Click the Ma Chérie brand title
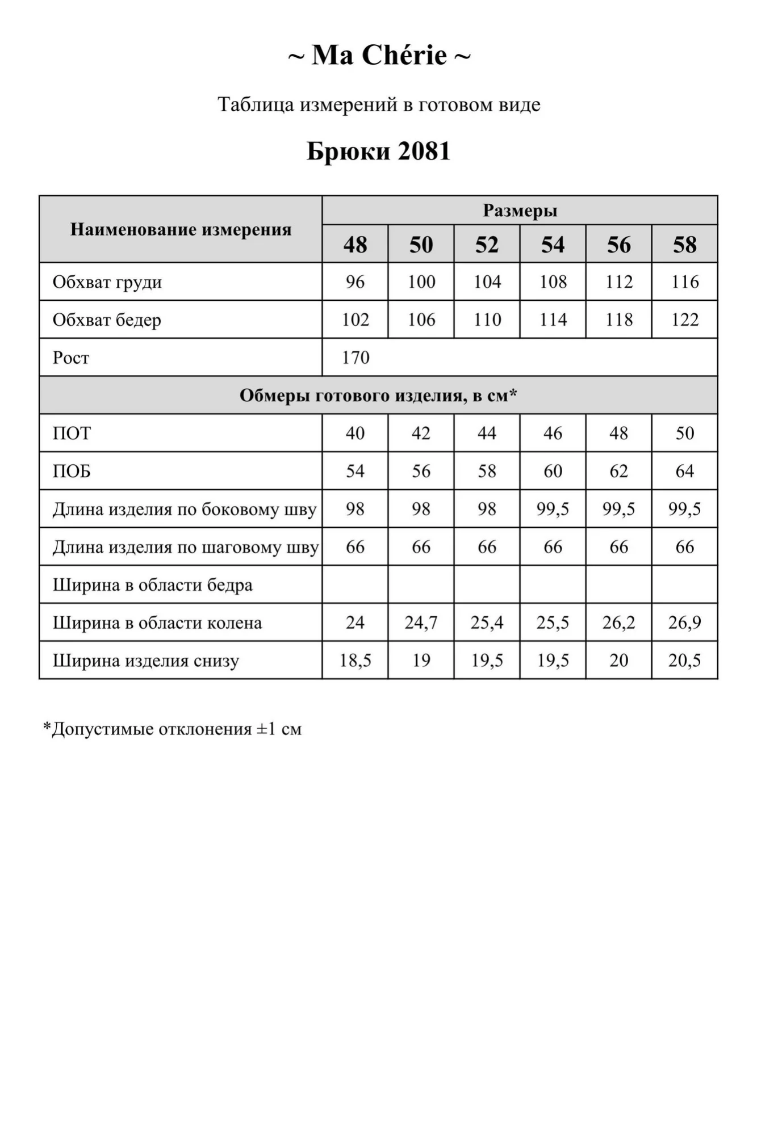click(x=379, y=56)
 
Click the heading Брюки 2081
click(x=378, y=151)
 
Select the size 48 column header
click(x=355, y=245)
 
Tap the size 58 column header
click(x=684, y=245)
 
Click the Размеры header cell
click(x=520, y=211)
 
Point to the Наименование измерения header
click(x=181, y=229)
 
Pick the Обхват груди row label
click(x=107, y=282)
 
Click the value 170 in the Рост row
click(x=356, y=358)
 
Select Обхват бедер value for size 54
click(x=553, y=320)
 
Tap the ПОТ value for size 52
click(x=487, y=434)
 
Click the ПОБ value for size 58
click(x=684, y=471)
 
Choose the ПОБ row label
click(x=72, y=471)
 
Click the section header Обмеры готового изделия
click(x=378, y=396)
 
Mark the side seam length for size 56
click(x=618, y=509)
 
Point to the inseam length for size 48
click(x=355, y=547)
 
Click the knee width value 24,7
click(x=421, y=623)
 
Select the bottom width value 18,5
click(x=355, y=661)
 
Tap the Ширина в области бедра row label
click(x=153, y=585)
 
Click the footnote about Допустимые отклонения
click(x=173, y=729)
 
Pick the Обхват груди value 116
click(x=684, y=282)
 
